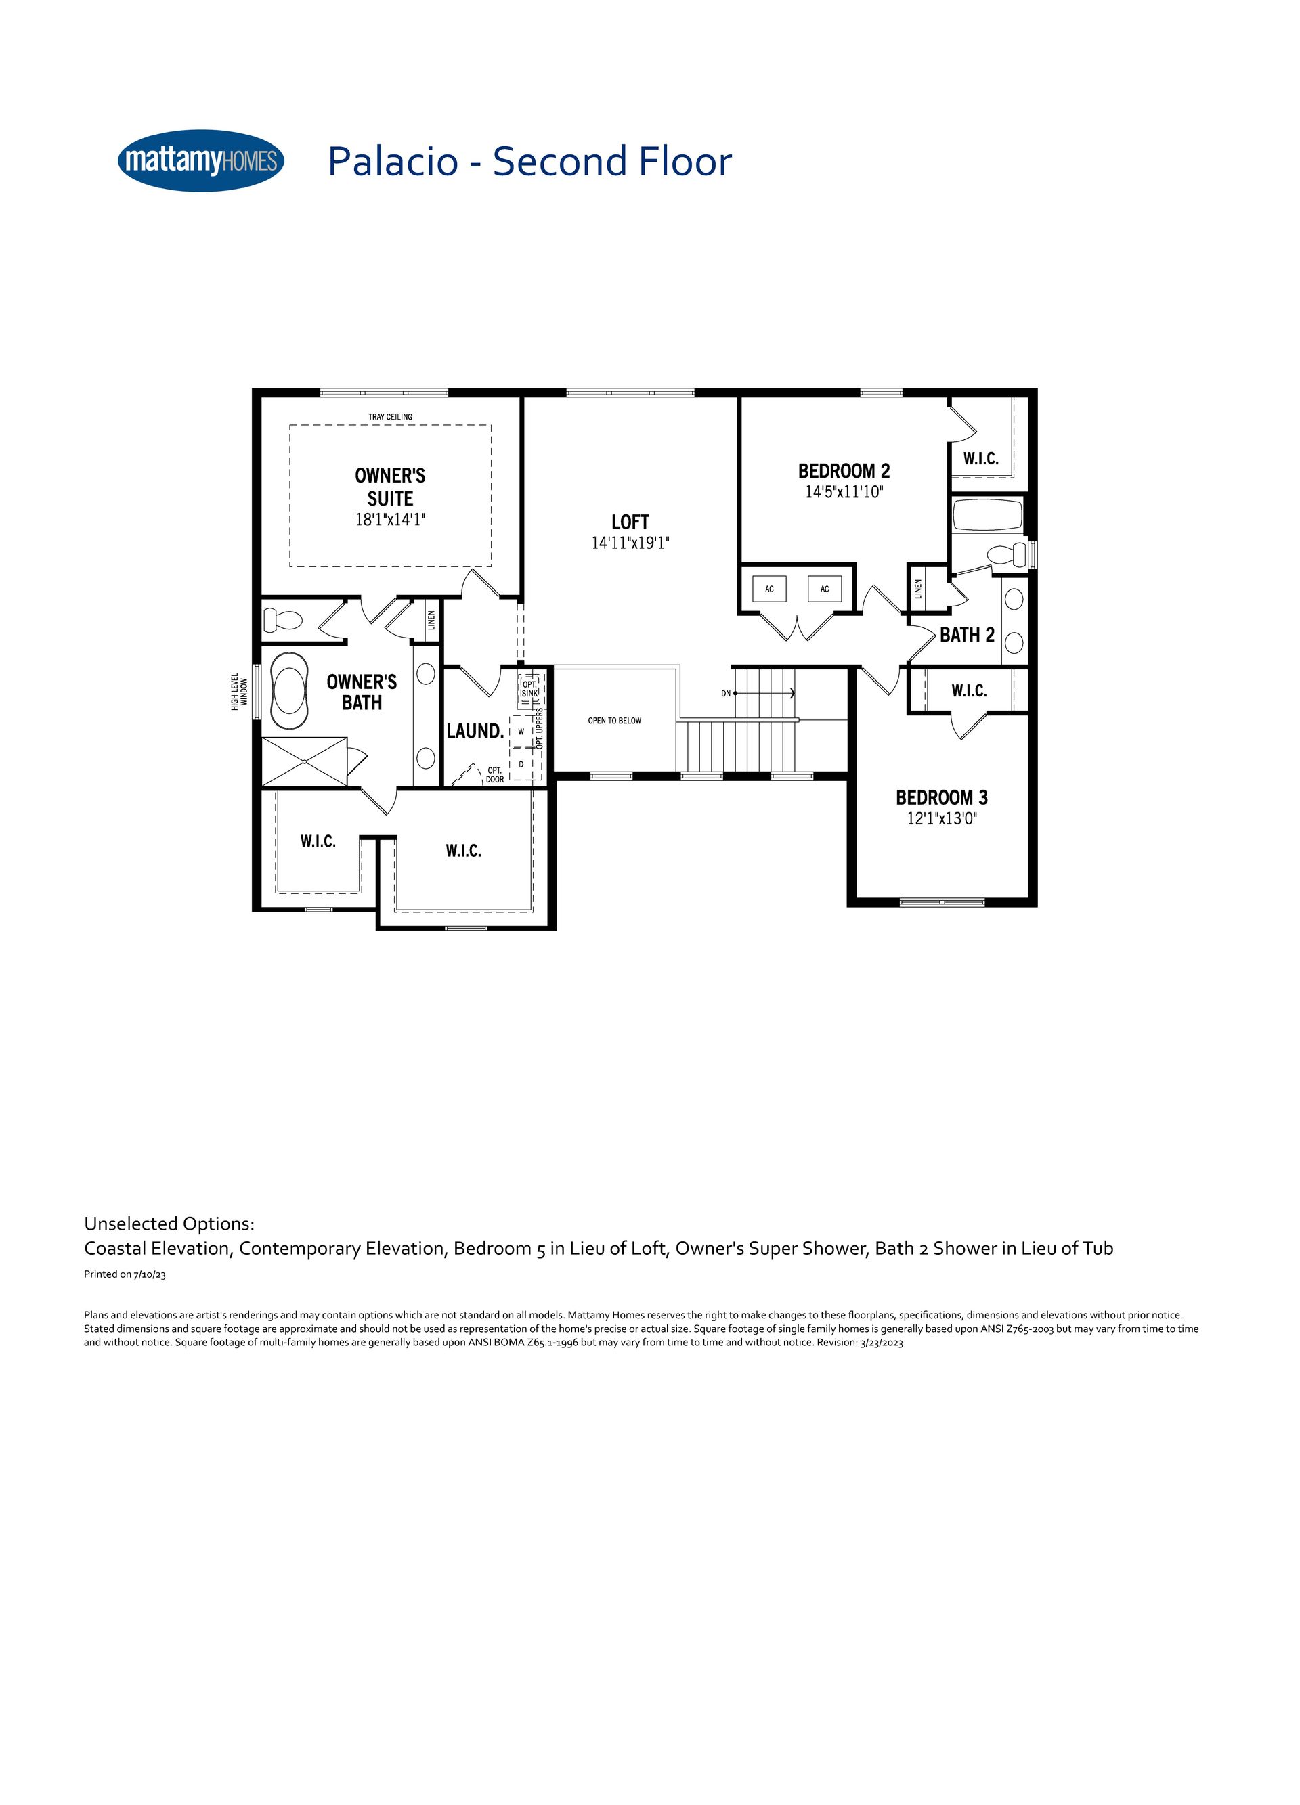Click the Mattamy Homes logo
click(200, 161)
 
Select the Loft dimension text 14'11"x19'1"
click(630, 543)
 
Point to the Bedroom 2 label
click(844, 471)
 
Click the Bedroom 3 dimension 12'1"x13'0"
click(942, 818)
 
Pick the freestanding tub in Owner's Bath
click(289, 691)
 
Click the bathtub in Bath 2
click(987, 514)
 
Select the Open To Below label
click(615, 721)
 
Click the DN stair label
click(726, 694)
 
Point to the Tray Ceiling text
click(390, 417)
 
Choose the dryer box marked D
click(521, 764)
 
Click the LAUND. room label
click(475, 732)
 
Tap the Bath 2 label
click(968, 635)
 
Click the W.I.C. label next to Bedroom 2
click(981, 458)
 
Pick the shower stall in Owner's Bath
click(305, 761)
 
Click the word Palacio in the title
click(393, 162)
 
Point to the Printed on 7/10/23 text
click(125, 1274)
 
